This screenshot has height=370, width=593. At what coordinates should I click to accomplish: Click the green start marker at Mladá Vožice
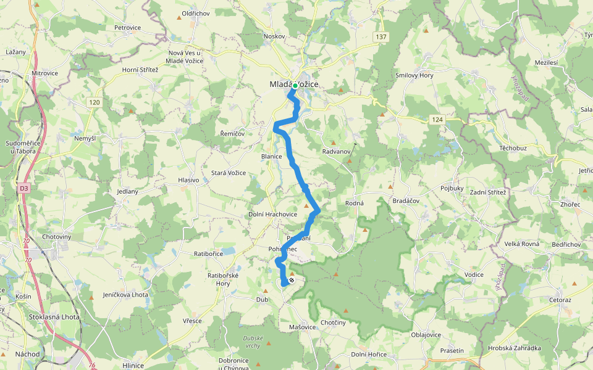coord(295,86)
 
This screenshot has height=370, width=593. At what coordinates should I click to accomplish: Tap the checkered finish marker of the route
coord(292,280)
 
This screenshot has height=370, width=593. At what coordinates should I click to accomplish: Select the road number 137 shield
coord(381,38)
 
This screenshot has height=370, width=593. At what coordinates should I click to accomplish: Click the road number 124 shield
coord(437,119)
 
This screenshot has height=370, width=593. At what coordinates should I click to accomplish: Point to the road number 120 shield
coord(94,102)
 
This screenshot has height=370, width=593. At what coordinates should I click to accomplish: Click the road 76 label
coord(92,366)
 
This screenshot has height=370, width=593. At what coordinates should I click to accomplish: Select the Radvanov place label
coord(337,151)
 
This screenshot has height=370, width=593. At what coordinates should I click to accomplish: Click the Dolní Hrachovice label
coord(272,215)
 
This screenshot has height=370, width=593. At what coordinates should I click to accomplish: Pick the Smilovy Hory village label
coord(414,75)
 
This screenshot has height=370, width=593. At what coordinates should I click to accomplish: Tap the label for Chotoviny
coord(57,237)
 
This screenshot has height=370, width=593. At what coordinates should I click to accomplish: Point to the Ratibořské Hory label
coord(223,279)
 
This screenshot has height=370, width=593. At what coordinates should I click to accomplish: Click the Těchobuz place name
coord(513,149)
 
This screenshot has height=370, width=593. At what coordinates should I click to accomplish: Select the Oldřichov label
coord(198,14)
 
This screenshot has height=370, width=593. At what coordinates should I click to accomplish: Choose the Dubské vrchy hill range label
coord(253,342)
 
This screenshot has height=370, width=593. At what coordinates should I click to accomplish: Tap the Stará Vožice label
coord(230,173)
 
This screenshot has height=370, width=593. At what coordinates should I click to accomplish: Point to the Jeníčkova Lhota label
coord(125,295)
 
